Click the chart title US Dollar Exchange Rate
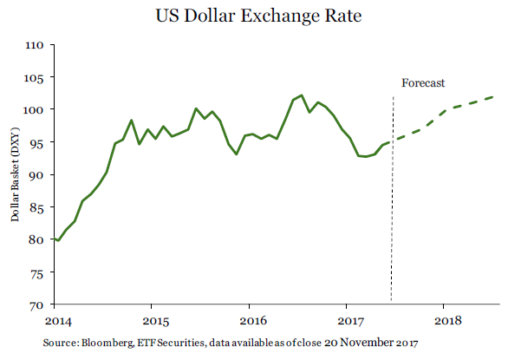pos(259,16)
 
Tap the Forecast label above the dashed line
pos(423,83)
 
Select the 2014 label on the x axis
pos(55,319)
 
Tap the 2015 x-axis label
pos(152,319)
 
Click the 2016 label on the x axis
pos(250,319)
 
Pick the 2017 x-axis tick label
pos(347,319)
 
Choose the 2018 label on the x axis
pos(445,319)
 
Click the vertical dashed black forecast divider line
pos(393,217)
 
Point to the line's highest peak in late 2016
pos(301,95)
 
